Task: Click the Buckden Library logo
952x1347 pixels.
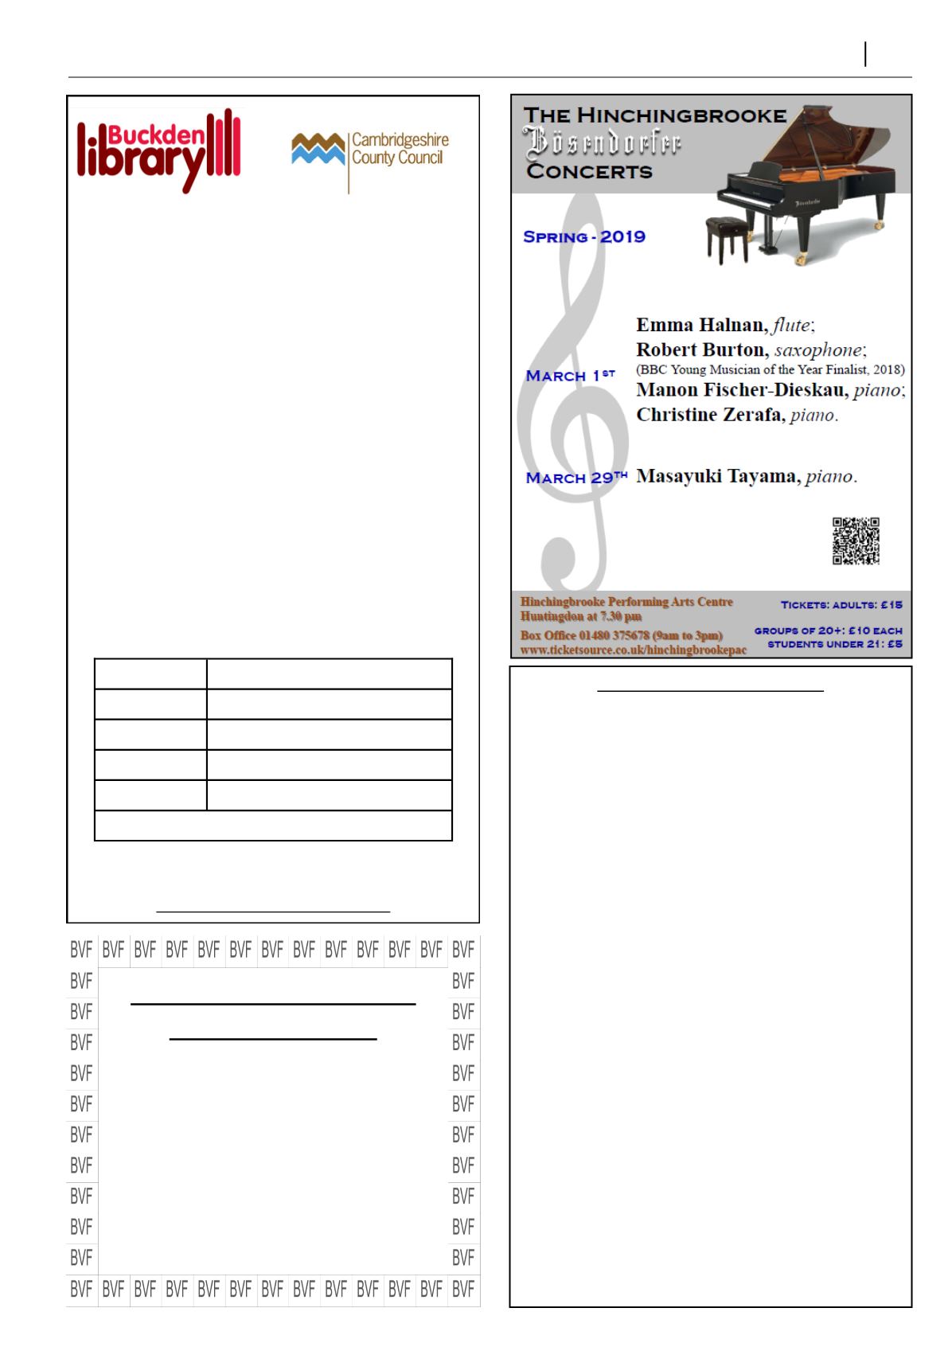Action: coord(158,150)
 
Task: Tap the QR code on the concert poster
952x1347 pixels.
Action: coord(856,541)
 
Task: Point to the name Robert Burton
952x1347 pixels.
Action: coord(699,349)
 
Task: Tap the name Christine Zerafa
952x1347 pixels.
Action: coord(709,415)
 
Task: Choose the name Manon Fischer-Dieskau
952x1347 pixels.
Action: coord(740,390)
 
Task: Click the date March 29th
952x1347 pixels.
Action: coord(576,477)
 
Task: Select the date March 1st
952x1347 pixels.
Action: coord(570,375)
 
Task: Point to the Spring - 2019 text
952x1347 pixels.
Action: coord(584,236)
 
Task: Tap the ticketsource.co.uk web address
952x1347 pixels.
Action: coord(634,650)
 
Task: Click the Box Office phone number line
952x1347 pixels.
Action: coord(622,635)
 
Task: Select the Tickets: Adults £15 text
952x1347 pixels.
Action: coord(841,605)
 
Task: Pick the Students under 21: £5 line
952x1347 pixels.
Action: coord(834,644)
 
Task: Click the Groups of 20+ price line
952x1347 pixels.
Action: coord(828,631)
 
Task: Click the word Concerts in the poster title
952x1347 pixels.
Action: coord(589,171)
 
